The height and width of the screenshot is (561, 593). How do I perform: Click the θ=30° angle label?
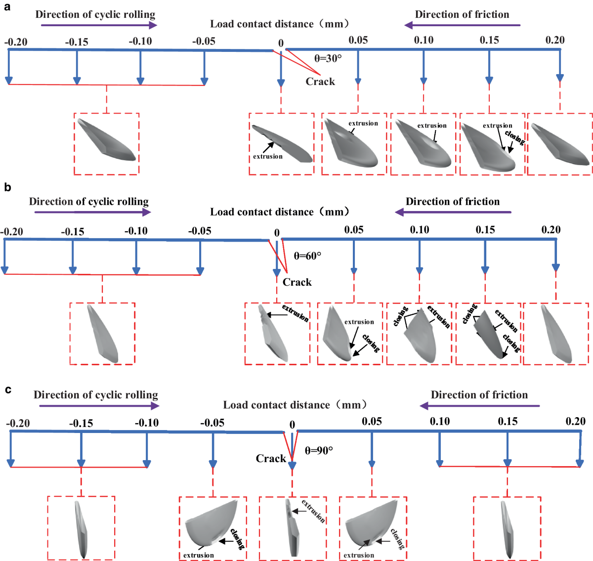click(328, 58)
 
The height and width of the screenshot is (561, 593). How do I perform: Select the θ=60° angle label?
click(307, 256)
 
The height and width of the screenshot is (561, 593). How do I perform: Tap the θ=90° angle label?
click(319, 450)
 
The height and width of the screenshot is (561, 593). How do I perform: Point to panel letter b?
click(7, 187)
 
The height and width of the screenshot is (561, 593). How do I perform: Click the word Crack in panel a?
click(320, 82)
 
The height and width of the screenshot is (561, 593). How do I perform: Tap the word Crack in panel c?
click(271, 458)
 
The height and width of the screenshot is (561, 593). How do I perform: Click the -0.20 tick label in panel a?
click(16, 42)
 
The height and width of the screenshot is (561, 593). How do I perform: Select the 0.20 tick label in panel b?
click(551, 229)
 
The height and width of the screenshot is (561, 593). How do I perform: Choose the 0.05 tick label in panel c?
click(372, 421)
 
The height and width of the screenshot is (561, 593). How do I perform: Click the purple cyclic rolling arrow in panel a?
click(99, 25)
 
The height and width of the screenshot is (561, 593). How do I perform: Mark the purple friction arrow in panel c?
click(479, 406)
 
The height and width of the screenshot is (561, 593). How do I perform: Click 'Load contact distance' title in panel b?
click(280, 212)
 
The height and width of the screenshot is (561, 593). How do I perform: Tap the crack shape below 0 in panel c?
click(292, 529)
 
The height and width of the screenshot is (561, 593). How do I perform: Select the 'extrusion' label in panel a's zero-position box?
click(268, 156)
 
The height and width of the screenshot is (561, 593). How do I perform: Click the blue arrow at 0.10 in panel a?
click(424, 67)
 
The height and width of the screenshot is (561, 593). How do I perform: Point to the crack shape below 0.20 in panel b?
click(556, 334)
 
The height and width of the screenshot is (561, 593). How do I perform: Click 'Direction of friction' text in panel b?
click(453, 202)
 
